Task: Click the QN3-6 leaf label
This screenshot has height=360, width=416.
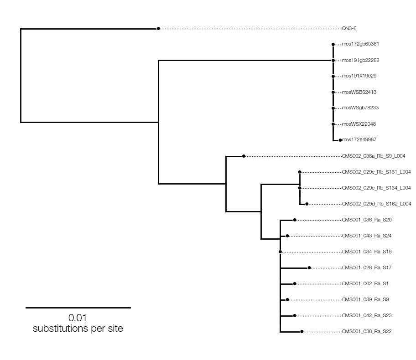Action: [349, 28]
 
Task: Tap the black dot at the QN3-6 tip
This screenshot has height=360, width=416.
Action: [158, 29]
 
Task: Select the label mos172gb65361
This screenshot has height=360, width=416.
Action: [360, 44]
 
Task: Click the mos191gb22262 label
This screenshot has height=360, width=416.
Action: [361, 61]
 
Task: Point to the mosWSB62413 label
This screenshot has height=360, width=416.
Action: [359, 92]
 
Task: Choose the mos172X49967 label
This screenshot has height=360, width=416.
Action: [359, 140]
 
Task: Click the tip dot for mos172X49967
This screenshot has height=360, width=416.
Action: [340, 140]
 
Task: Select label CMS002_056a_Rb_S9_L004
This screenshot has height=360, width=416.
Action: [374, 156]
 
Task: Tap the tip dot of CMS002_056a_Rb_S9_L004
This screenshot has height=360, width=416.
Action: [244, 156]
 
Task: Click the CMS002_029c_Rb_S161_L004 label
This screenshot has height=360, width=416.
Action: [376, 172]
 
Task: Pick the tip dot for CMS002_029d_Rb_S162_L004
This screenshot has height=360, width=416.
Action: [307, 204]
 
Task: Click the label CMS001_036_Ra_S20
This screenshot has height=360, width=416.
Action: [367, 220]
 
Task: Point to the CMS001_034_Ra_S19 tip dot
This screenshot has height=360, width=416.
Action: [280, 252]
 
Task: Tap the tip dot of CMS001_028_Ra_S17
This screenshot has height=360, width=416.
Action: [309, 268]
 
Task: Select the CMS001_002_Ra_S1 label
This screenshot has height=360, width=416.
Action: [365, 283]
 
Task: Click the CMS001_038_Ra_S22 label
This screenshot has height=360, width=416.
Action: [367, 331]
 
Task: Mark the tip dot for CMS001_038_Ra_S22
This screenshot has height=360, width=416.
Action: [302, 332]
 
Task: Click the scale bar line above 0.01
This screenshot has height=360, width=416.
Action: [78, 308]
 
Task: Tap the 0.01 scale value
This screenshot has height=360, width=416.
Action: [78, 318]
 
